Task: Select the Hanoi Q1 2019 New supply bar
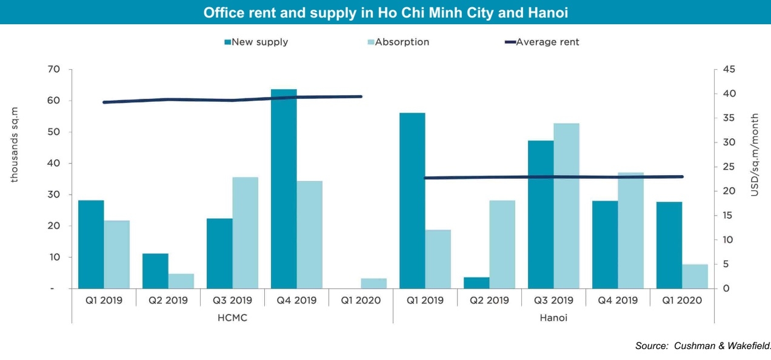pyautogui.click(x=412, y=201)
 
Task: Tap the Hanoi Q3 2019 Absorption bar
pyautogui.click(x=566, y=206)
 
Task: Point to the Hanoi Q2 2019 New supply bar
pyautogui.click(x=476, y=283)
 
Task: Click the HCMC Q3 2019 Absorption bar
pyautogui.click(x=245, y=233)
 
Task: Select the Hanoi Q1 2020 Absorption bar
pyautogui.click(x=695, y=276)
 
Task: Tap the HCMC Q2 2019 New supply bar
pyautogui.click(x=155, y=271)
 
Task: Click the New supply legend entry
pyautogui.click(x=256, y=42)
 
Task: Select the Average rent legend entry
pyautogui.click(x=542, y=42)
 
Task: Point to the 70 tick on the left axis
pyautogui.click(x=54, y=70)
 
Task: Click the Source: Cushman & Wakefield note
pyautogui.click(x=703, y=346)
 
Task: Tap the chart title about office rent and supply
pyautogui.click(x=385, y=13)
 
